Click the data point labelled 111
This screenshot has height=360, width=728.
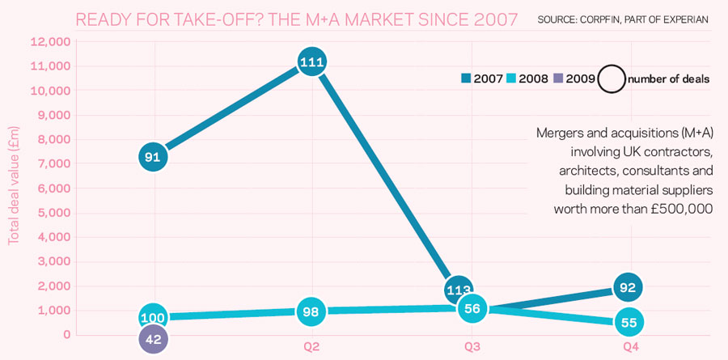pos(311,62)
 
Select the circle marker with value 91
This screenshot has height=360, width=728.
pos(152,157)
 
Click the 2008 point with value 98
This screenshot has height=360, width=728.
pos(311,312)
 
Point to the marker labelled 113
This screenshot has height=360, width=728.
pos(459,290)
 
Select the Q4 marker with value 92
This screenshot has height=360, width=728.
pos(629,286)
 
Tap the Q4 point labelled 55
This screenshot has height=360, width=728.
pos(629,321)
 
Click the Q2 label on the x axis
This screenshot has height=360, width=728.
pos(311,347)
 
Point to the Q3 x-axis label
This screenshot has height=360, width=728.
pos(471,347)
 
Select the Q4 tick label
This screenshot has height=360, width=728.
pos(630,347)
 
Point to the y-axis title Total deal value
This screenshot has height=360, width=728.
pos(14,185)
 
